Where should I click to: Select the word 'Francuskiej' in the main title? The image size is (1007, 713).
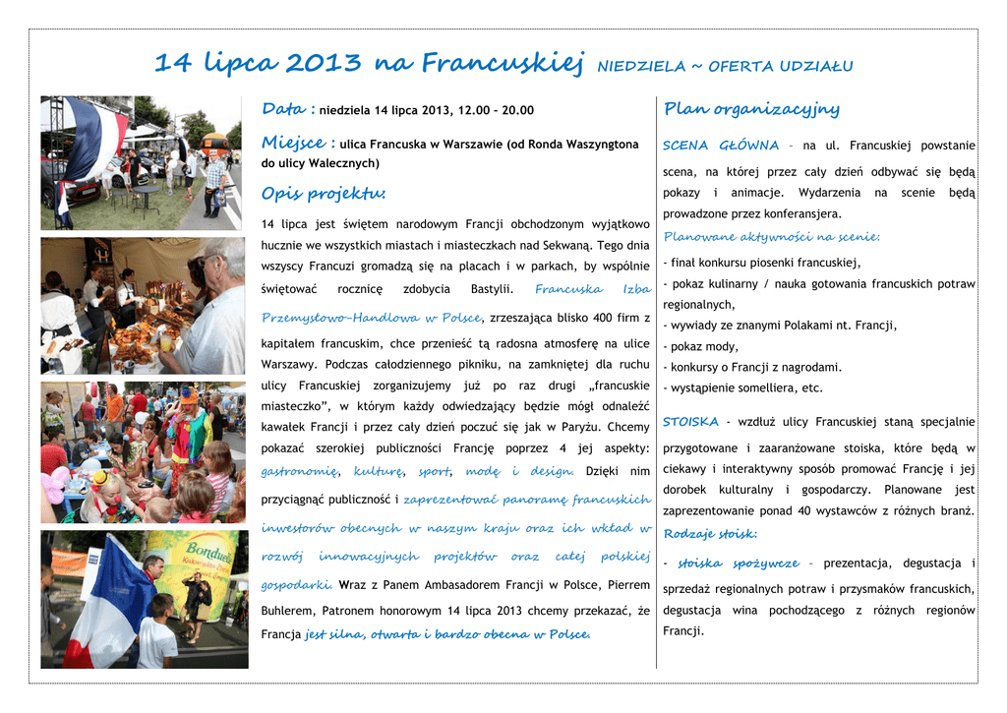(503, 64)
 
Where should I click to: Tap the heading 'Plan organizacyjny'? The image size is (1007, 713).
(751, 108)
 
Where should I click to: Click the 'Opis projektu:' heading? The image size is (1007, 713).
(324, 193)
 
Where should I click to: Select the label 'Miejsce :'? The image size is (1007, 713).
(298, 143)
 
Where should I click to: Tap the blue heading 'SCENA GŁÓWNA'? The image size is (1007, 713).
(720, 146)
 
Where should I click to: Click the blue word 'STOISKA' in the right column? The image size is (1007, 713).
(690, 422)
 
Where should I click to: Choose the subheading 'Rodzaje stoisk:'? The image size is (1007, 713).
(709, 533)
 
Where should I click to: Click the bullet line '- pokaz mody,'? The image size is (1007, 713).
(700, 346)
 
